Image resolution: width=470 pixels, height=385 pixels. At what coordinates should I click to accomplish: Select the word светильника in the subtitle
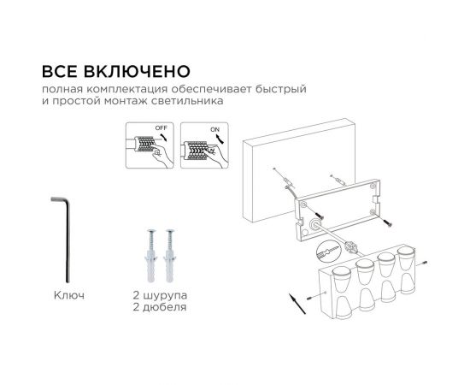(189, 101)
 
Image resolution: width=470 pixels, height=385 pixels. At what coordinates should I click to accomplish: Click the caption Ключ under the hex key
(68, 295)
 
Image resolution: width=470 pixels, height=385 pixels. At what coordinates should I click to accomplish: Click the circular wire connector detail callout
(325, 254)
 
